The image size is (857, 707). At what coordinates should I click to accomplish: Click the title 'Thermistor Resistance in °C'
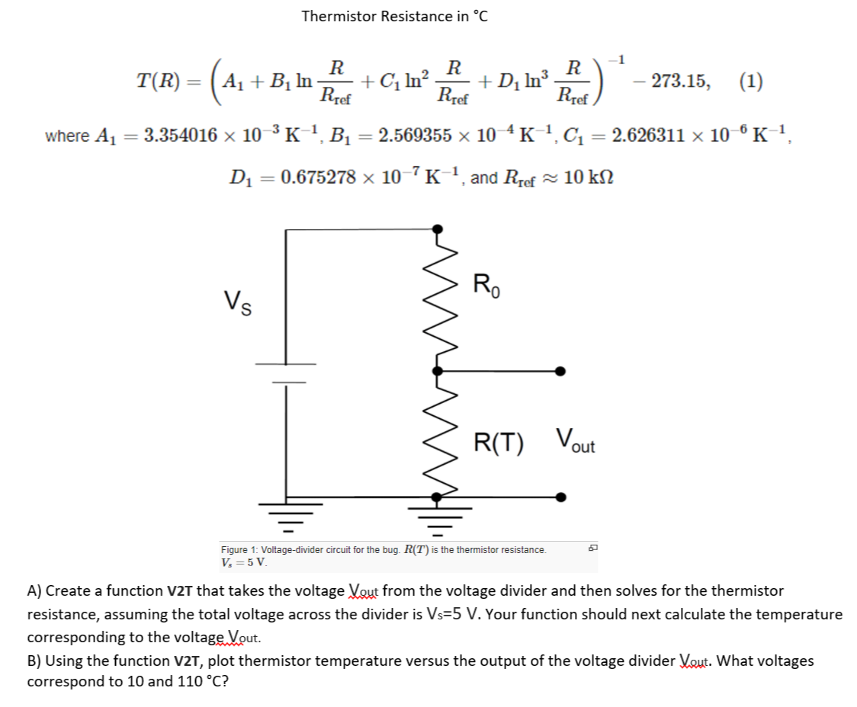pyautogui.click(x=394, y=16)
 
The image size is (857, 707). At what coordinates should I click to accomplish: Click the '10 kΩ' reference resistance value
pyautogui.click(x=589, y=178)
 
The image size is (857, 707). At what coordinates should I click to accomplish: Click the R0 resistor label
pyautogui.click(x=487, y=286)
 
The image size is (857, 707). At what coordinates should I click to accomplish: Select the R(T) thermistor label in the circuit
pyautogui.click(x=499, y=443)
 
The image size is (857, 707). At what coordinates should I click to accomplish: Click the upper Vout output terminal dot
pyautogui.click(x=560, y=371)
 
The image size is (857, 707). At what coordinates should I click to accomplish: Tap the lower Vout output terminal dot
pyautogui.click(x=560, y=497)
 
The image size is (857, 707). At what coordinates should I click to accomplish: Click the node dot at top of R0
pyautogui.click(x=438, y=228)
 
